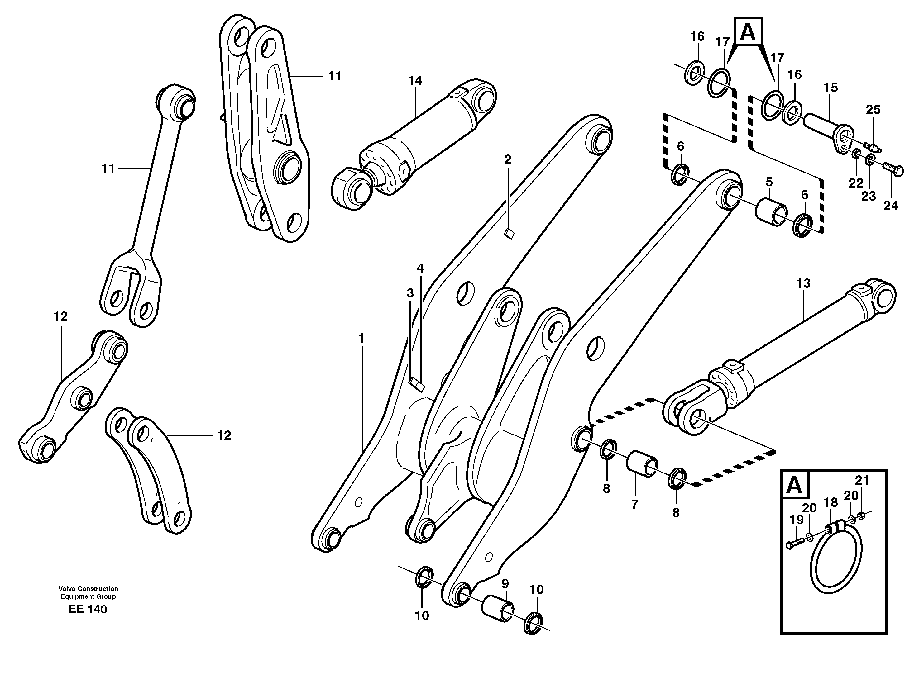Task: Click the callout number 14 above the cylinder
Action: click(x=415, y=81)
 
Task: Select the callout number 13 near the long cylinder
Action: click(x=803, y=284)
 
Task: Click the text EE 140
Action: click(x=88, y=609)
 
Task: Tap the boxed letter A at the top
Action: click(x=748, y=31)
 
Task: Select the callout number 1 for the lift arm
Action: click(x=361, y=339)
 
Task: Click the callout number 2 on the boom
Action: click(x=508, y=159)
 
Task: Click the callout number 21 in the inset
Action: click(x=862, y=481)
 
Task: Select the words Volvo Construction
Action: click(x=88, y=588)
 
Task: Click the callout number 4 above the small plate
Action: click(x=420, y=268)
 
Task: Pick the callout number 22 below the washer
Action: click(x=855, y=183)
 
